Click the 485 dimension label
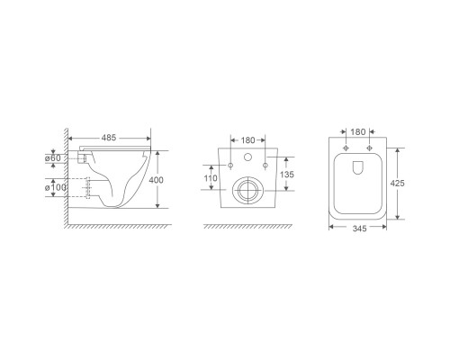pos(109,138)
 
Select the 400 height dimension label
pos(156,180)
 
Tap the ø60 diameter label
pos(53,157)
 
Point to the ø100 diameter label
pos(56,188)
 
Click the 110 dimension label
pos(211,178)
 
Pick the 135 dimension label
pos(287,175)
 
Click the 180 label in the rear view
pos(247,140)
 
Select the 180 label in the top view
pos(358,131)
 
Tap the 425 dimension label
pos(397,183)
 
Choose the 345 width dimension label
pos(359,229)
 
